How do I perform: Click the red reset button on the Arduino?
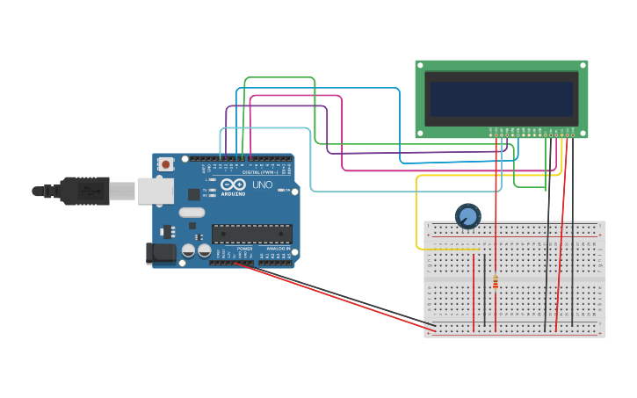pyautogui.click(x=165, y=163)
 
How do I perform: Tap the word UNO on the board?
pyautogui.click(x=263, y=185)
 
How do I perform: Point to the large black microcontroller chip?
pyautogui.click(x=251, y=234)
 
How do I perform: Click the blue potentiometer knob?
pyautogui.click(x=467, y=215)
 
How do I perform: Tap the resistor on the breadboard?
pyautogui.click(x=496, y=281)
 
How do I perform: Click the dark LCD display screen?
pyautogui.click(x=501, y=99)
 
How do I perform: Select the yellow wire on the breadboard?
pyautogui.click(x=448, y=250)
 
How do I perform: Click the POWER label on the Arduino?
pyautogui.click(x=243, y=249)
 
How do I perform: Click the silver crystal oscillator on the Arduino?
pyautogui.click(x=192, y=212)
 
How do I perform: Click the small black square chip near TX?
pyautogui.click(x=193, y=193)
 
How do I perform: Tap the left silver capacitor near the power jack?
pyautogui.click(x=188, y=251)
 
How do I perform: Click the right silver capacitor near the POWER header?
pyautogui.click(x=204, y=251)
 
